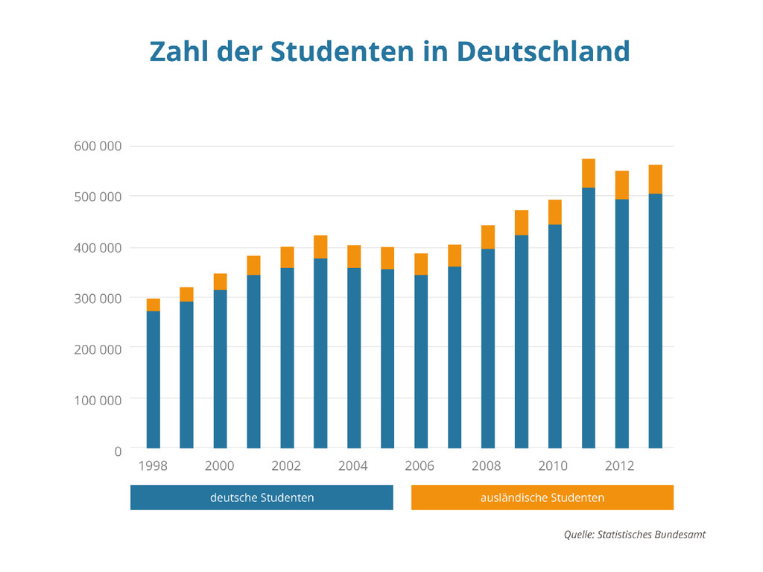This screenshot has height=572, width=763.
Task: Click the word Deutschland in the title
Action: (543, 51)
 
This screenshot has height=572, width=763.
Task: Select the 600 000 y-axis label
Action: (98, 146)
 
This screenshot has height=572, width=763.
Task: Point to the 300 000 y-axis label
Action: (98, 298)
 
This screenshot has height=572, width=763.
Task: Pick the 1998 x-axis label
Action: (153, 466)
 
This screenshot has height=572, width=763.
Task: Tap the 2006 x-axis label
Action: (420, 466)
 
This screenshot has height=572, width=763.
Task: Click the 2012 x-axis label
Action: (620, 466)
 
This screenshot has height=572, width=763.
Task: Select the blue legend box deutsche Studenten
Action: (262, 498)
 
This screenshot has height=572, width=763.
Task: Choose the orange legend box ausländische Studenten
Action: (542, 498)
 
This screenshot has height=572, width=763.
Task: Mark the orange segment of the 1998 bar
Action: (153, 305)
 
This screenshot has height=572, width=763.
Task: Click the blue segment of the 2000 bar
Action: (220, 369)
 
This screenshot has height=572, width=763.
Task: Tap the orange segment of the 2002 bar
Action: (287, 257)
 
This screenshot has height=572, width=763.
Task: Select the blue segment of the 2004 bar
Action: (354, 357)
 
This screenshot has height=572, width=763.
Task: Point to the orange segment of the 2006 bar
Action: (421, 264)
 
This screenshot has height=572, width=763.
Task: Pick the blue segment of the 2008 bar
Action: (488, 349)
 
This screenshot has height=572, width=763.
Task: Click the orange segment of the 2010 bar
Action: (555, 212)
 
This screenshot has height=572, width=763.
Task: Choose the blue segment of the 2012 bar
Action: (621, 324)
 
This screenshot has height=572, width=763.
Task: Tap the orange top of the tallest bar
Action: (589, 173)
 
